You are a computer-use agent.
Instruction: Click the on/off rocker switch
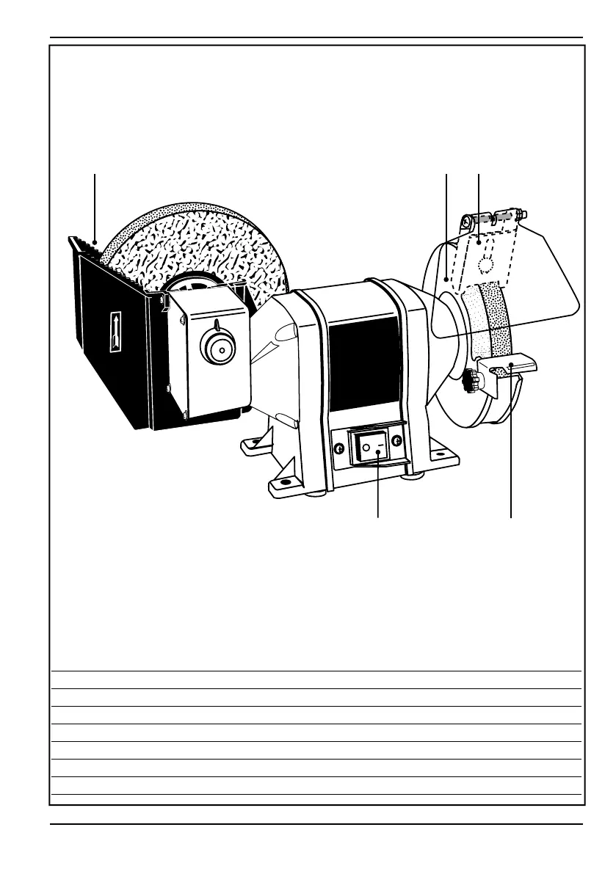click(x=373, y=447)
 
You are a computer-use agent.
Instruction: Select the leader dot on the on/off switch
click(x=377, y=453)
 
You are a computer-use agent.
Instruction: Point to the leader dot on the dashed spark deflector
click(x=478, y=239)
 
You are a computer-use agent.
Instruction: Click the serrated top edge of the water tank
click(x=88, y=245)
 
